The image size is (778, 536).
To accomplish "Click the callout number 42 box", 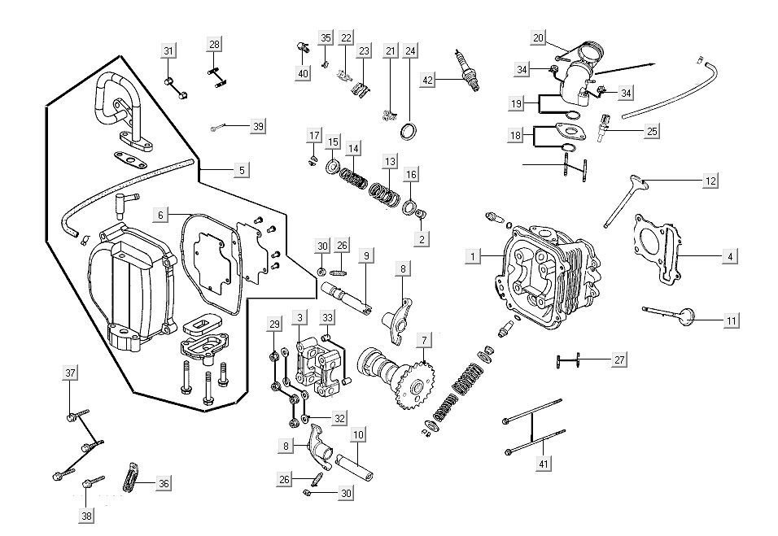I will pos(428,79).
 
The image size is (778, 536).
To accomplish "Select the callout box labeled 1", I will pos(471,256).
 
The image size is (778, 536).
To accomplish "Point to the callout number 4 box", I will pos(730,256).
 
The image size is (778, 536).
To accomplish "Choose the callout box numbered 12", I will pos(710,181).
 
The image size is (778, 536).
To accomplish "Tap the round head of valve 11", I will pos(688,315).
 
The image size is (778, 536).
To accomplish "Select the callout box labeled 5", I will pos(242,170).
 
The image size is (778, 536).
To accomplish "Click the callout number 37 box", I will pos(71,373).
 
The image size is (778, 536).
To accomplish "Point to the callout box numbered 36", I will pos(164,483).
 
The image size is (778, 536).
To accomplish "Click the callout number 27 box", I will pos(619,360).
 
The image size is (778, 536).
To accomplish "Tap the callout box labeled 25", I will pos(652,130).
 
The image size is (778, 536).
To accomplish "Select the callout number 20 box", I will pos(538,38).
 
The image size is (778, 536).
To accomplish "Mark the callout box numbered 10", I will pos(358,434).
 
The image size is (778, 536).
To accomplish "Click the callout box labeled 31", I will pos(168,51).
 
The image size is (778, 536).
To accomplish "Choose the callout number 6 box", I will pos(161,215).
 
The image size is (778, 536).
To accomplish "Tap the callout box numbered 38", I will pos(86,515).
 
